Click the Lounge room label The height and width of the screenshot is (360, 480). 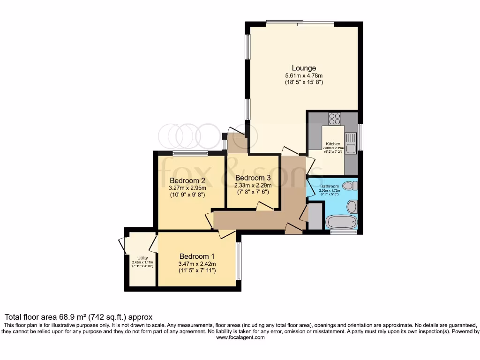point(304,68)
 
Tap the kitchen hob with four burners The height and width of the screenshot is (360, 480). point(335,119)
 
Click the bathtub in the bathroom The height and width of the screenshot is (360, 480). point(341,221)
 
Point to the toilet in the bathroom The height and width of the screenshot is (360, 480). point(350,186)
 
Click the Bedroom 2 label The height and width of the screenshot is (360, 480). point(187,180)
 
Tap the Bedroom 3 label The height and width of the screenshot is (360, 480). point(253,178)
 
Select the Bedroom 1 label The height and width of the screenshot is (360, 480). point(197,256)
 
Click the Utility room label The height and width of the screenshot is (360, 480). point(142,258)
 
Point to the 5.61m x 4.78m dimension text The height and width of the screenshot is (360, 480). point(304,75)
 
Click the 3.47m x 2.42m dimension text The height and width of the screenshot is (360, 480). point(197,264)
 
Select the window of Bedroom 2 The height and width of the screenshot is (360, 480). point(190,153)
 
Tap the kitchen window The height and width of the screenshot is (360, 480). point(360,137)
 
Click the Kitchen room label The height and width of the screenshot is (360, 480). point(333,144)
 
